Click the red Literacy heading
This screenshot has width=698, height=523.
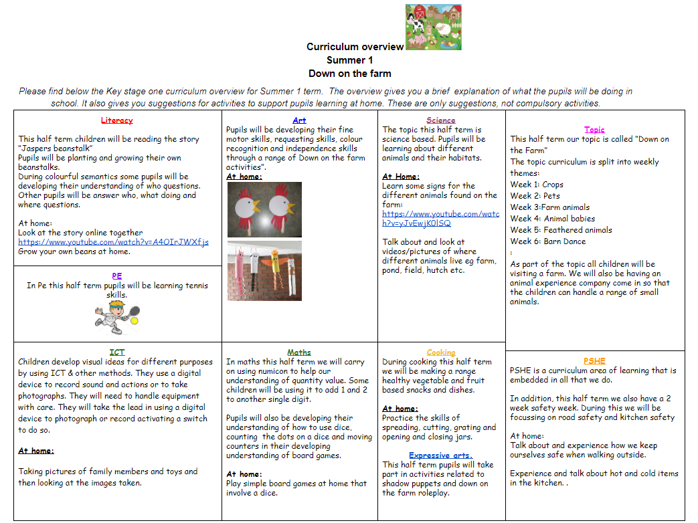point(116,120)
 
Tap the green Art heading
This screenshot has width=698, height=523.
point(299,120)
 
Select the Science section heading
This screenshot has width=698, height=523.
point(441,120)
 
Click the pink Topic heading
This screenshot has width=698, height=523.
point(594,130)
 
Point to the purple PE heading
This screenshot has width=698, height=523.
point(117,276)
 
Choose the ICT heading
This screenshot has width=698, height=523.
point(117,352)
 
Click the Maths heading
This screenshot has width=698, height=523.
point(299,352)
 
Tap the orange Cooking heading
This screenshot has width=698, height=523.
point(441,352)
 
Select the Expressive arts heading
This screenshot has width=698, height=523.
point(441,455)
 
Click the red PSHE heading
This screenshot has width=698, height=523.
point(594,360)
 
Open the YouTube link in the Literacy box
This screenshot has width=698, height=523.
point(113,242)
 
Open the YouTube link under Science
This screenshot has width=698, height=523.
point(440,219)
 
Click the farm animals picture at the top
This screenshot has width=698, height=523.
point(433,27)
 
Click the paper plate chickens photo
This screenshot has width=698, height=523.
point(264,209)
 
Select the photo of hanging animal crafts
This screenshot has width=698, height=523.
point(264,271)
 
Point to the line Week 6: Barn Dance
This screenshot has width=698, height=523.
point(547,241)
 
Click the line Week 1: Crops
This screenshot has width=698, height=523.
point(537,185)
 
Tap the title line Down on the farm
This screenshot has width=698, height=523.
point(349,74)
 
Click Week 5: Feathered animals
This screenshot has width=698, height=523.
point(561,230)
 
